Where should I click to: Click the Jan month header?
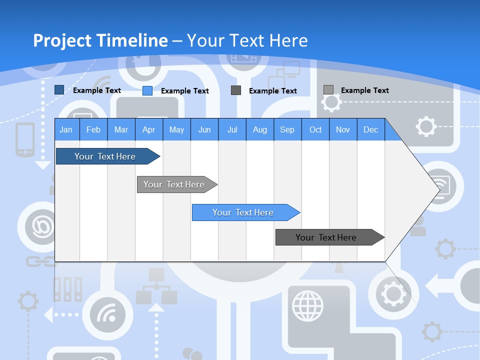66,129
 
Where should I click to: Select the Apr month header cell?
148,129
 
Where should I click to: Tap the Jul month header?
232,129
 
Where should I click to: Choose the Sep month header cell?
287,129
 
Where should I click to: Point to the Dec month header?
370,129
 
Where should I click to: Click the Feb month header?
93,129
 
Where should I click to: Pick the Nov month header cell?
342,129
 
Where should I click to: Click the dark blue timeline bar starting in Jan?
105,156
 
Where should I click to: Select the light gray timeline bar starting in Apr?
174,184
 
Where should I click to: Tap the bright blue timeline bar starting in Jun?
243,212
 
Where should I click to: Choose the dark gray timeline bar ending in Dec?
326,237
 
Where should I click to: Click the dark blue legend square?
59,90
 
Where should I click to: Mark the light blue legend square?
147,90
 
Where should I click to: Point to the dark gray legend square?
236,90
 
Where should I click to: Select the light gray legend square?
328,90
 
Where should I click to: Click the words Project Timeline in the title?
100,40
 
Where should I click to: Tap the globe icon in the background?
308,305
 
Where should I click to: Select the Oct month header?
315,129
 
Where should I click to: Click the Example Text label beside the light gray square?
364,90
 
